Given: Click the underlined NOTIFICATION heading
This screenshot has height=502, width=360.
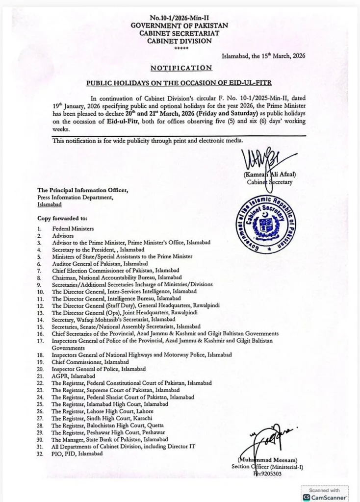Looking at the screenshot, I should [x=181, y=68].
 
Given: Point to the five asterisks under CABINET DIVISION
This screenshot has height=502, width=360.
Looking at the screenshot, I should [x=180, y=49].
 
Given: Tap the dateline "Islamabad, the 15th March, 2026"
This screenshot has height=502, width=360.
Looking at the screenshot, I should [x=263, y=56].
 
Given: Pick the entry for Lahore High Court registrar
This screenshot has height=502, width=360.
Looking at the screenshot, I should [x=103, y=411].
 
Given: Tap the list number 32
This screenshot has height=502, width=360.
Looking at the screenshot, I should [x=41, y=454].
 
